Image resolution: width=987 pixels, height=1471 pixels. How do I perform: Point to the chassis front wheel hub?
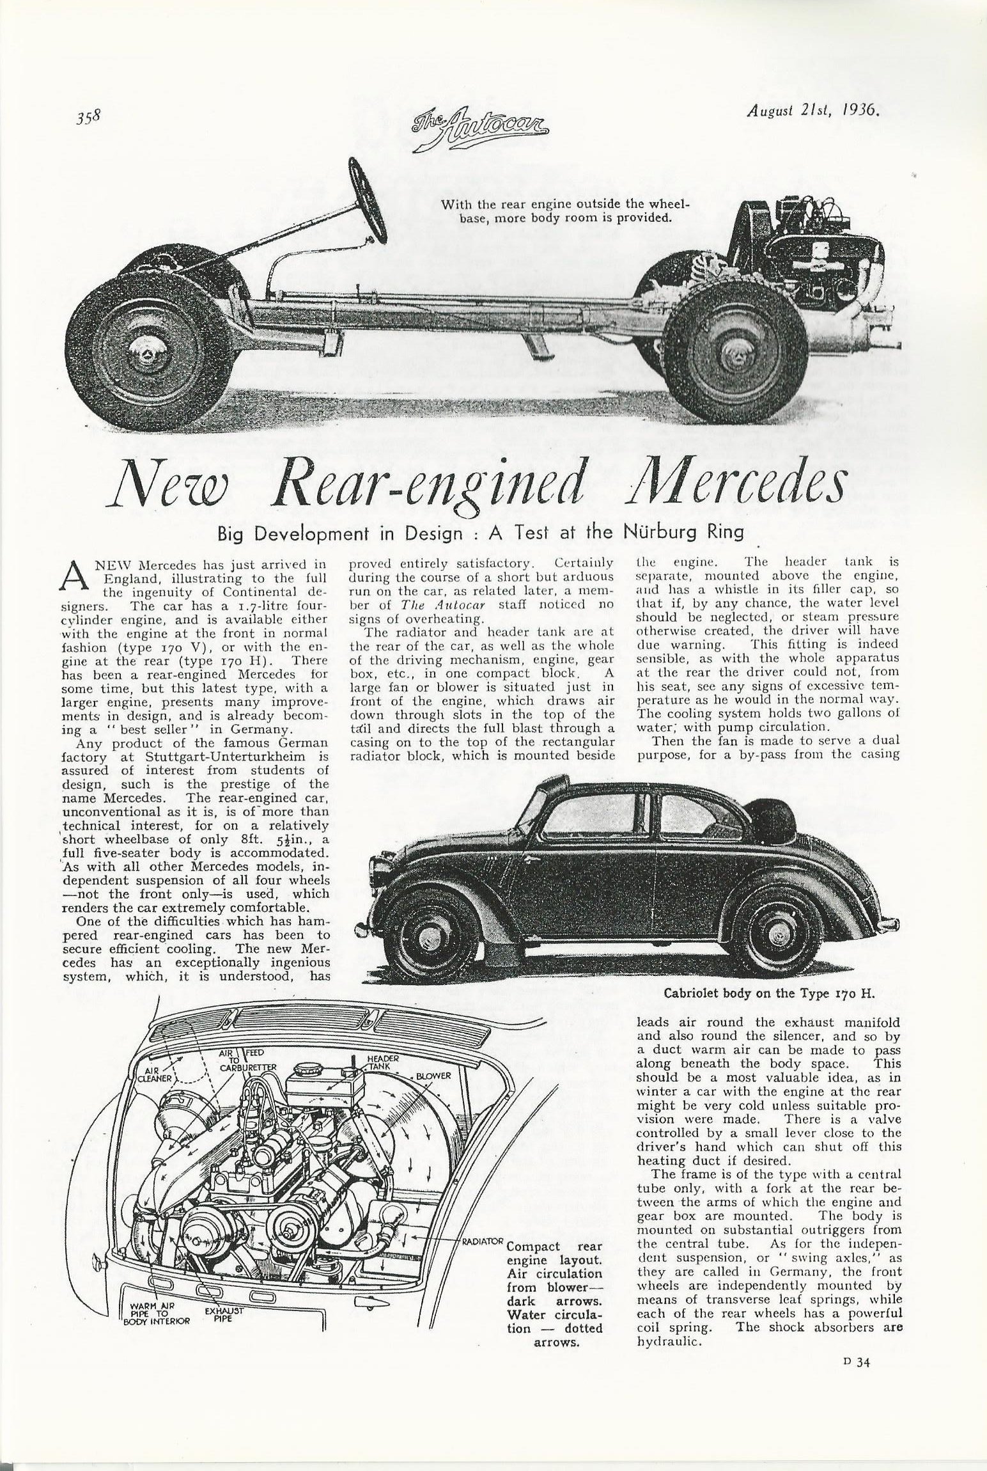(147, 349)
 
